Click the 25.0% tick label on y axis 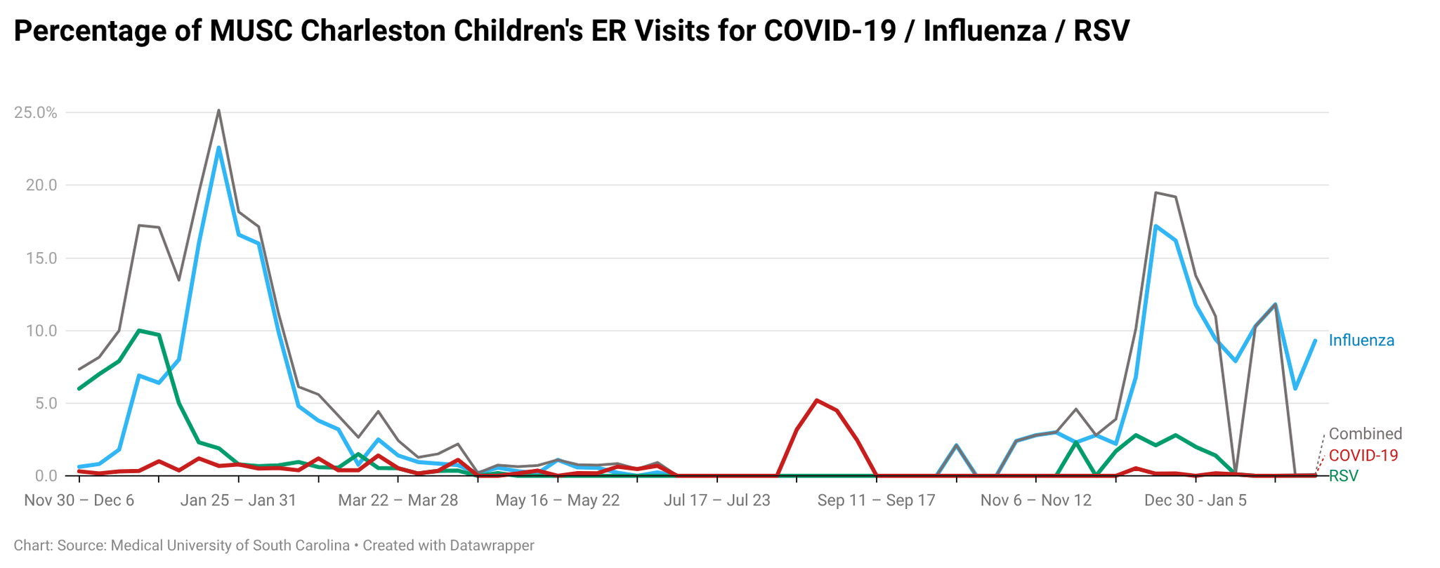click(35, 112)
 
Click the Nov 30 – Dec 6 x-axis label click(79, 501)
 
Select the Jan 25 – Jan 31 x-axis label click(238, 501)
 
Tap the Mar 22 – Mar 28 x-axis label click(398, 501)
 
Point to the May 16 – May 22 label click(557, 501)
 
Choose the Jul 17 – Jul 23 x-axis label click(716, 501)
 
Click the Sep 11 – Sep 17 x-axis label click(876, 501)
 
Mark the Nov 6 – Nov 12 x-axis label click(1035, 501)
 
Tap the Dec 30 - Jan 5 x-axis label click(1195, 501)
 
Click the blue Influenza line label click(1361, 341)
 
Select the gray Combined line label click(1365, 434)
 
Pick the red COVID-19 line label click(1363, 455)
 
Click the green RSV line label click(1343, 476)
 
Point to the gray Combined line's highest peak click(218, 110)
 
